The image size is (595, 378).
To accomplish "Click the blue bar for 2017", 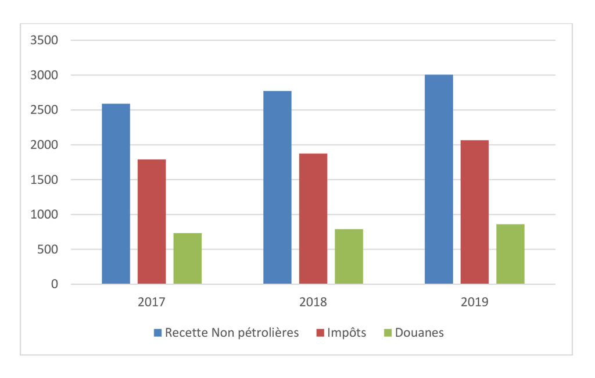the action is pyautogui.click(x=116, y=194).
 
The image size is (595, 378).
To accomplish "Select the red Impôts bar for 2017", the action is pyautogui.click(x=152, y=222).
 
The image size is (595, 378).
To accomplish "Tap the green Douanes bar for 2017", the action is pyautogui.click(x=188, y=258).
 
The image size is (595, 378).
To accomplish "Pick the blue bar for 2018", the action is pyautogui.click(x=277, y=187).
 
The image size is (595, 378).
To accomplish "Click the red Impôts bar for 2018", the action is pyautogui.click(x=313, y=219).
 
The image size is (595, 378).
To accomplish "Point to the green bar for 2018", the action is pyautogui.click(x=349, y=256).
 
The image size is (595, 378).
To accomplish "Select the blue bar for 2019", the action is pyautogui.click(x=439, y=179).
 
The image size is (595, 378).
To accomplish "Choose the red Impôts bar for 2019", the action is pyautogui.click(x=475, y=212).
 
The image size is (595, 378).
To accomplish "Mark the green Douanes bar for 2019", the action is pyautogui.click(x=510, y=254).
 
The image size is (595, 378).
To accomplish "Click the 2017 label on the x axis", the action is pyautogui.click(x=152, y=302).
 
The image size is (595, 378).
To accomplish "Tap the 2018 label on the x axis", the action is pyautogui.click(x=313, y=302).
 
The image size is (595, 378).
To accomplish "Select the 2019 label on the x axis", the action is pyautogui.click(x=474, y=302).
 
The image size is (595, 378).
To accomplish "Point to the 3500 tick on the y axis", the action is pyautogui.click(x=44, y=40).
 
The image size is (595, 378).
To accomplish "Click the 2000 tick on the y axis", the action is pyautogui.click(x=44, y=145).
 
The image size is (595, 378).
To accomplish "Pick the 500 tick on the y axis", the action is pyautogui.click(x=48, y=249).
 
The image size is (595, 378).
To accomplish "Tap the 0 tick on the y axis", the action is pyautogui.click(x=55, y=284).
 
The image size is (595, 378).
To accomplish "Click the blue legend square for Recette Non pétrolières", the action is pyautogui.click(x=157, y=333).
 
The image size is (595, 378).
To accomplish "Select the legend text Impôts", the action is pyautogui.click(x=346, y=333).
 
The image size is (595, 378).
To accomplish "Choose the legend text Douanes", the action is pyautogui.click(x=420, y=333).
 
